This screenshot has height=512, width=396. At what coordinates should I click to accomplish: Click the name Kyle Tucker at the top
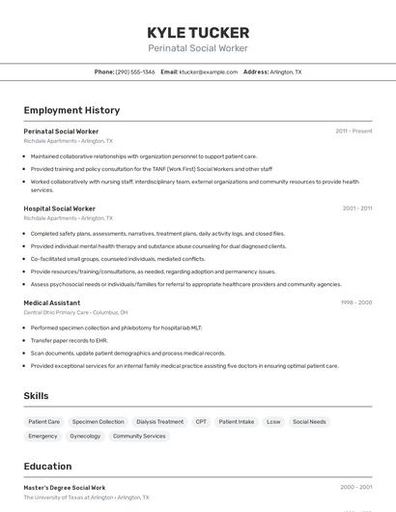click(x=198, y=33)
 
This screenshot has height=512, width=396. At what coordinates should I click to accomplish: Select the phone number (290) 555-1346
click(x=134, y=71)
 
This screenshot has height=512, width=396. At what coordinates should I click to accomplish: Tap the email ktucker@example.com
click(x=209, y=71)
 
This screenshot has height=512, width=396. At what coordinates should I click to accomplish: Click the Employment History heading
click(x=71, y=110)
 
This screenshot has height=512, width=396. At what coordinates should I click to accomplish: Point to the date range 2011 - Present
click(x=354, y=130)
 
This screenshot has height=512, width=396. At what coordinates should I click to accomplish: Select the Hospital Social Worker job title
click(x=59, y=208)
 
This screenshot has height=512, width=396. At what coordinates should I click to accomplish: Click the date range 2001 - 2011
click(x=356, y=208)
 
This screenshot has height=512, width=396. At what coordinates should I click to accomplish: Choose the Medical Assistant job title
click(x=51, y=302)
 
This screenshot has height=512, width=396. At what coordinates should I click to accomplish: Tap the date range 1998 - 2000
click(x=355, y=302)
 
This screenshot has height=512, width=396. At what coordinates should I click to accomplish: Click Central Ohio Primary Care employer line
click(x=75, y=313)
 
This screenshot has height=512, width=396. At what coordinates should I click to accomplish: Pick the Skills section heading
click(x=36, y=395)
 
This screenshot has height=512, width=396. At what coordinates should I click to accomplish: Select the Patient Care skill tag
click(x=43, y=422)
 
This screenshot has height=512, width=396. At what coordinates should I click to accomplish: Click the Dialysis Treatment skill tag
click(x=161, y=422)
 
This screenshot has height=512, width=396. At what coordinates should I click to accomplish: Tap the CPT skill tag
click(x=201, y=422)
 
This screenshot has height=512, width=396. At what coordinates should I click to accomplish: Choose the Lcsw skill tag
click(x=273, y=422)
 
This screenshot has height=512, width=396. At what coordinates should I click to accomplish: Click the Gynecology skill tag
click(x=85, y=436)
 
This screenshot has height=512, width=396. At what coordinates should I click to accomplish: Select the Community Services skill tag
click(x=139, y=436)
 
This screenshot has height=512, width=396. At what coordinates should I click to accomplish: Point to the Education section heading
click(x=47, y=467)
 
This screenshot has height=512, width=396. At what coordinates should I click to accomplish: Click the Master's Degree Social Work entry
click(x=65, y=488)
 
